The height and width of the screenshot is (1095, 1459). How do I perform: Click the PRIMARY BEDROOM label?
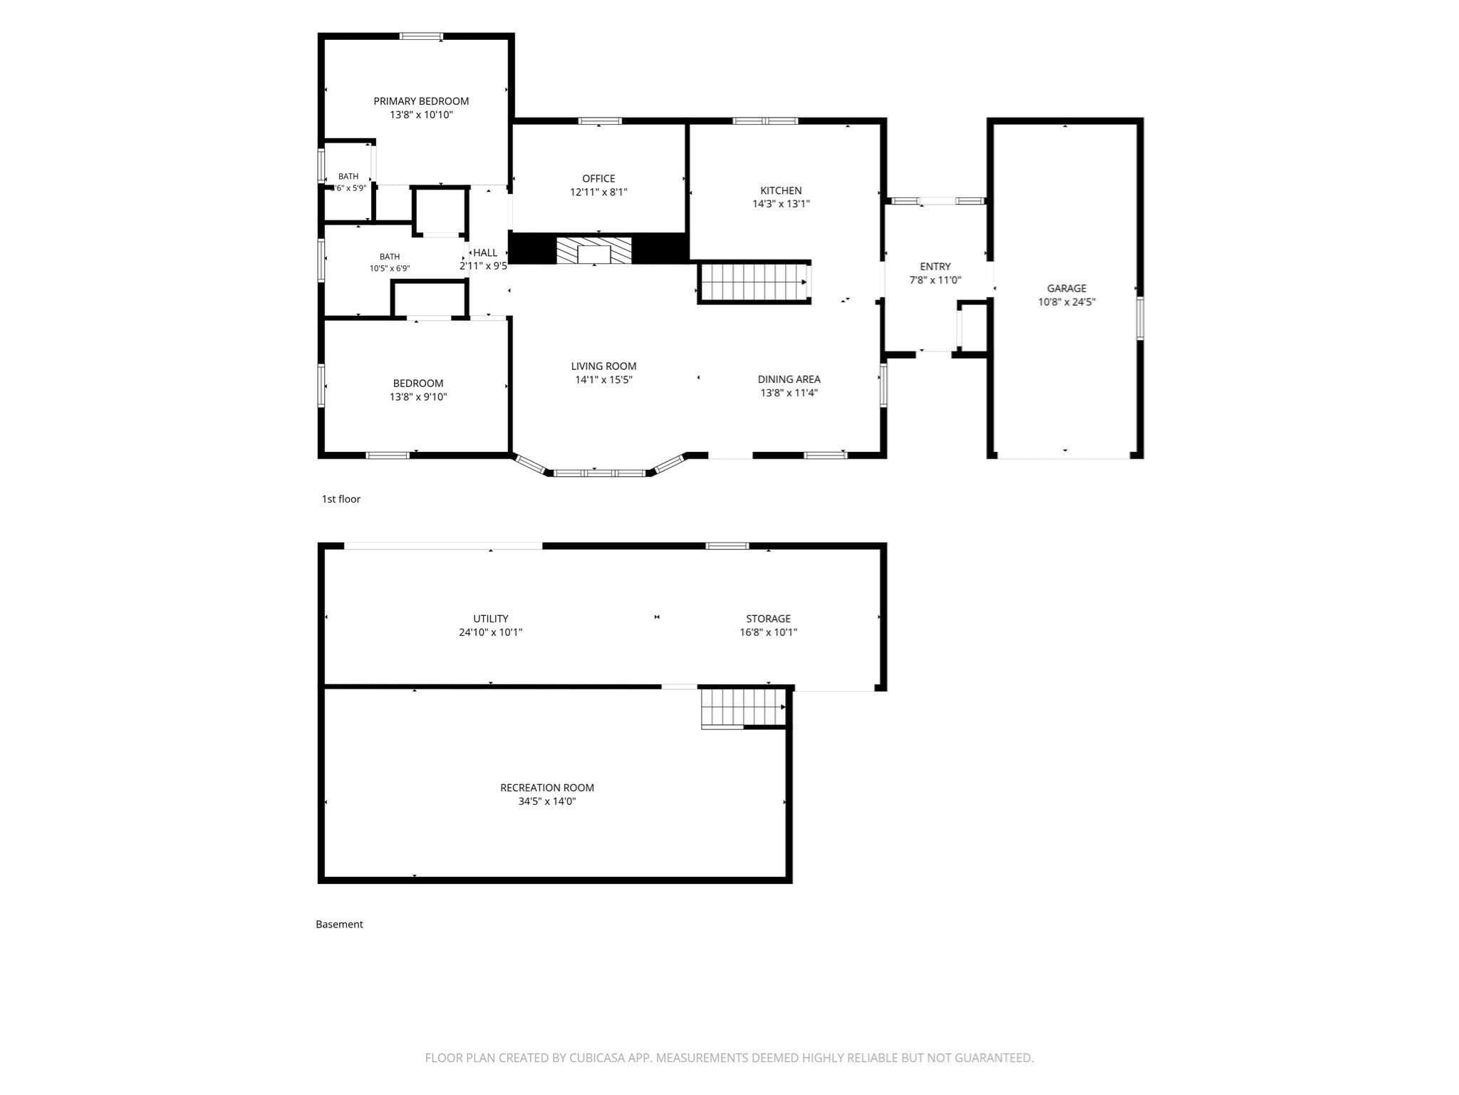[x=421, y=101]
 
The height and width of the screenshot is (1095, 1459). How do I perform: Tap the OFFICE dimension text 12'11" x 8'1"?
[x=598, y=192]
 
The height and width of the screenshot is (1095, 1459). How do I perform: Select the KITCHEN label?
[x=781, y=190]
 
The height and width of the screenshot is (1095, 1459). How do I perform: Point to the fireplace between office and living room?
[x=594, y=250]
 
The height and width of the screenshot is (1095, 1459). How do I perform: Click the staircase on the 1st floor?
[x=754, y=282]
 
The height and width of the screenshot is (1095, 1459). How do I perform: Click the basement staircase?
[x=743, y=707]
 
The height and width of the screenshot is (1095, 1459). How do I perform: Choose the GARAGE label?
[x=1066, y=288]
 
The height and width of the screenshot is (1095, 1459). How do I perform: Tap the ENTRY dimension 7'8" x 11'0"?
[x=935, y=280]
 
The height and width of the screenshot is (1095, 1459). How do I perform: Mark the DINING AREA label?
[x=789, y=379]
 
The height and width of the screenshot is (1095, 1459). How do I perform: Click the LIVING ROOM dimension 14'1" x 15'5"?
[x=603, y=380]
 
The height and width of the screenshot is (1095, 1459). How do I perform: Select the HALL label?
[x=485, y=252]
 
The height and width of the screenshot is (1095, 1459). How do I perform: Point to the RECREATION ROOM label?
[x=547, y=788]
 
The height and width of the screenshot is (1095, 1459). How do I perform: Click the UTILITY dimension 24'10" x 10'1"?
[x=491, y=632]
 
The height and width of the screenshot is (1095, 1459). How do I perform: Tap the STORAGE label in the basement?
[x=768, y=619]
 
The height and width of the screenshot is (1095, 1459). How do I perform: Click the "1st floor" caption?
[x=341, y=499]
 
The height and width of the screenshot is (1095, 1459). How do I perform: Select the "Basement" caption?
[x=339, y=924]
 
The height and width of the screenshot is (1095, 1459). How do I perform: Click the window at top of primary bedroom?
[x=421, y=36]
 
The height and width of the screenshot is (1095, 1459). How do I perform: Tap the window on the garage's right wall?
[x=1140, y=318]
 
